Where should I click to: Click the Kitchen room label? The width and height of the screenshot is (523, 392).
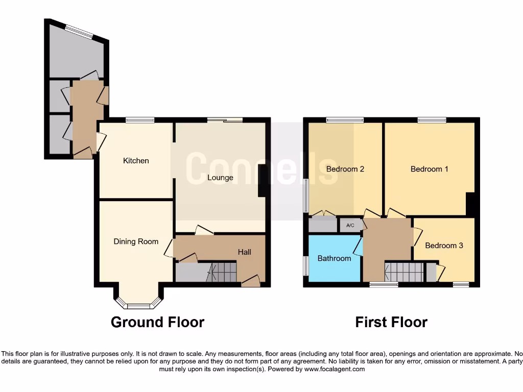point(136,161)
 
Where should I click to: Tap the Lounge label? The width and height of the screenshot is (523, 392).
point(220,178)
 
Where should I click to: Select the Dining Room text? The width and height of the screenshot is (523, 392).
point(136,241)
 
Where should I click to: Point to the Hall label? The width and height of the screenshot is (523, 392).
point(244,252)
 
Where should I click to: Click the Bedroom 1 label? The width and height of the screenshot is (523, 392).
point(429,169)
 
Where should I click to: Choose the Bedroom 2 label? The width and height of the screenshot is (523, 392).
point(345,169)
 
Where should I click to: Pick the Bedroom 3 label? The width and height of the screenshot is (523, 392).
point(444,246)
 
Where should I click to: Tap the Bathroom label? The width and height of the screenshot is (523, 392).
point(334,258)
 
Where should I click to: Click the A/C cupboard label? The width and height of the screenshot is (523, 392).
point(350,225)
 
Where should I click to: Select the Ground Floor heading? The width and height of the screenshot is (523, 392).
point(157,322)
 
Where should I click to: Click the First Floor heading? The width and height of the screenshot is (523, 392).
point(391,322)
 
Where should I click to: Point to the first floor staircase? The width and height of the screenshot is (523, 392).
point(404,272)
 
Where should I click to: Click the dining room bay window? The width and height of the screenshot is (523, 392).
point(138,306)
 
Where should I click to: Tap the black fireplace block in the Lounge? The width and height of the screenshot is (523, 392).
point(262,181)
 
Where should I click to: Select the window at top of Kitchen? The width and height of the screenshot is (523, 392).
point(140,120)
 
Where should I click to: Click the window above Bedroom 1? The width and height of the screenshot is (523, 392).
point(432,120)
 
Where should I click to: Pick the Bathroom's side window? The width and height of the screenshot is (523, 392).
point(306,266)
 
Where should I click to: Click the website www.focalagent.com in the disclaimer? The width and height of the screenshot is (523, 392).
point(335,369)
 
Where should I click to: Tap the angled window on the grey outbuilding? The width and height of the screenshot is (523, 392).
point(79,32)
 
